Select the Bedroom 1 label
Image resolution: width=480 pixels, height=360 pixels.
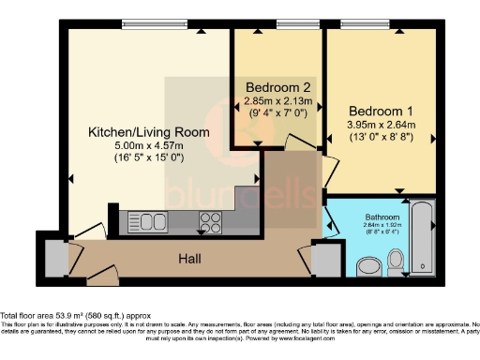pos(380,108)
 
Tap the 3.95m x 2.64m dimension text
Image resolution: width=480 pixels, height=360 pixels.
pos(380,123)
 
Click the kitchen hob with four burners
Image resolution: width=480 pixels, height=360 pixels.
pos(209,222)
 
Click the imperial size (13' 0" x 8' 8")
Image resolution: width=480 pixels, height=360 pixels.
pos(380,137)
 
